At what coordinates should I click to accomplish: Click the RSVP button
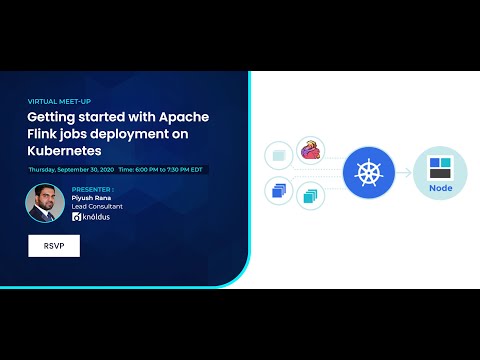[x=54, y=245]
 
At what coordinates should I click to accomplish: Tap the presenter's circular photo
[x=46, y=205]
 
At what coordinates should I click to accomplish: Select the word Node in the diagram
[x=439, y=186]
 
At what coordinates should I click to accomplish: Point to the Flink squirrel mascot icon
[x=311, y=152]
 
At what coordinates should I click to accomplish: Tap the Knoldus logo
[x=96, y=217]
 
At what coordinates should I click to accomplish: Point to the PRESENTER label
[x=93, y=188]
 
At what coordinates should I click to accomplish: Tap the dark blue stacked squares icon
[x=280, y=190]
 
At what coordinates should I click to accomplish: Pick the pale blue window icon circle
[x=279, y=155]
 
